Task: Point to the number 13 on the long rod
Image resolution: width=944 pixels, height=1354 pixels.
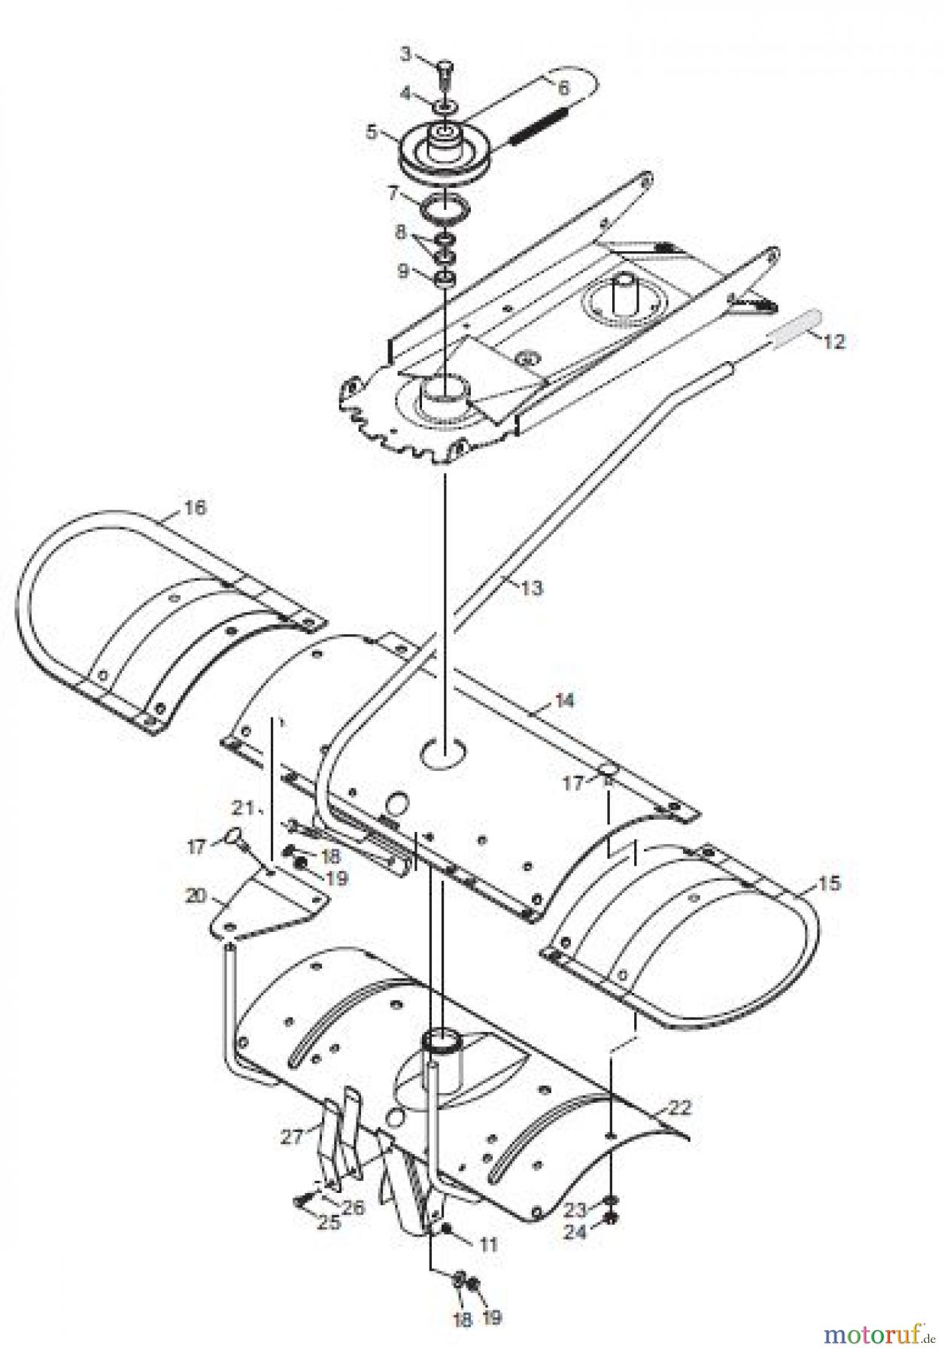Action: tap(531, 587)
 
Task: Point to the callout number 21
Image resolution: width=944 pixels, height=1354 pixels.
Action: tap(241, 809)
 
